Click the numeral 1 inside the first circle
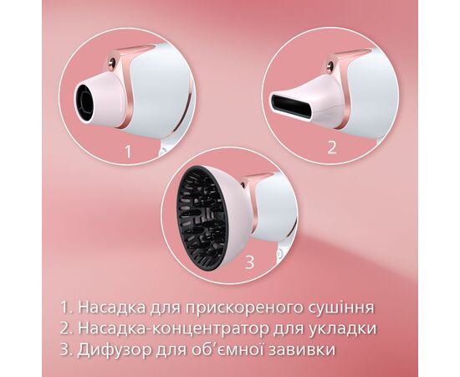(x=128, y=152)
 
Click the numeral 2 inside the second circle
(x=332, y=147)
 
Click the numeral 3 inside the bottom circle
(x=249, y=262)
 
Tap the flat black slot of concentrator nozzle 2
(x=291, y=106)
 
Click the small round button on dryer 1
(x=112, y=63)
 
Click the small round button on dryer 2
(x=330, y=65)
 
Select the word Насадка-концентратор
(x=174, y=328)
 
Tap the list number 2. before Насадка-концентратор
(x=67, y=328)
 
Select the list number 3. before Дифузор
(x=66, y=350)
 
